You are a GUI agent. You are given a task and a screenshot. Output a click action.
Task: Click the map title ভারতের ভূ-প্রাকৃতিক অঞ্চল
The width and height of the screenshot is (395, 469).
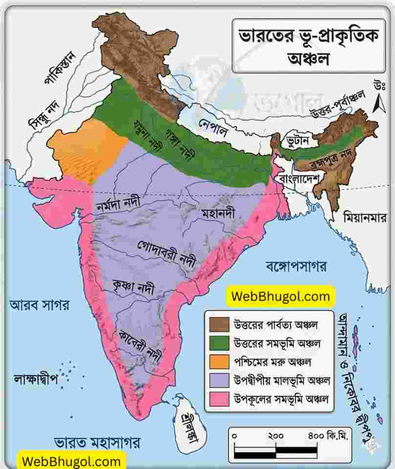309,45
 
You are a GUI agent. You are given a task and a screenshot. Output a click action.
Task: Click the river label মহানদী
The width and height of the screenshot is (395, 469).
218,214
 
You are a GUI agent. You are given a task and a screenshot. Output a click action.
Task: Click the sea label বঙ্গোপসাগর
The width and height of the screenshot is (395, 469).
296,266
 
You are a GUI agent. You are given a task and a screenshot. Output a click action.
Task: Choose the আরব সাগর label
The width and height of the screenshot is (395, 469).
40,306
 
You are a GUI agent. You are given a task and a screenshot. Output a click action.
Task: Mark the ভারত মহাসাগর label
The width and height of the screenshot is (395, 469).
98,443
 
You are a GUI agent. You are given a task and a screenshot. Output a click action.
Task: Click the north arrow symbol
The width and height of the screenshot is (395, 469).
377,103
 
